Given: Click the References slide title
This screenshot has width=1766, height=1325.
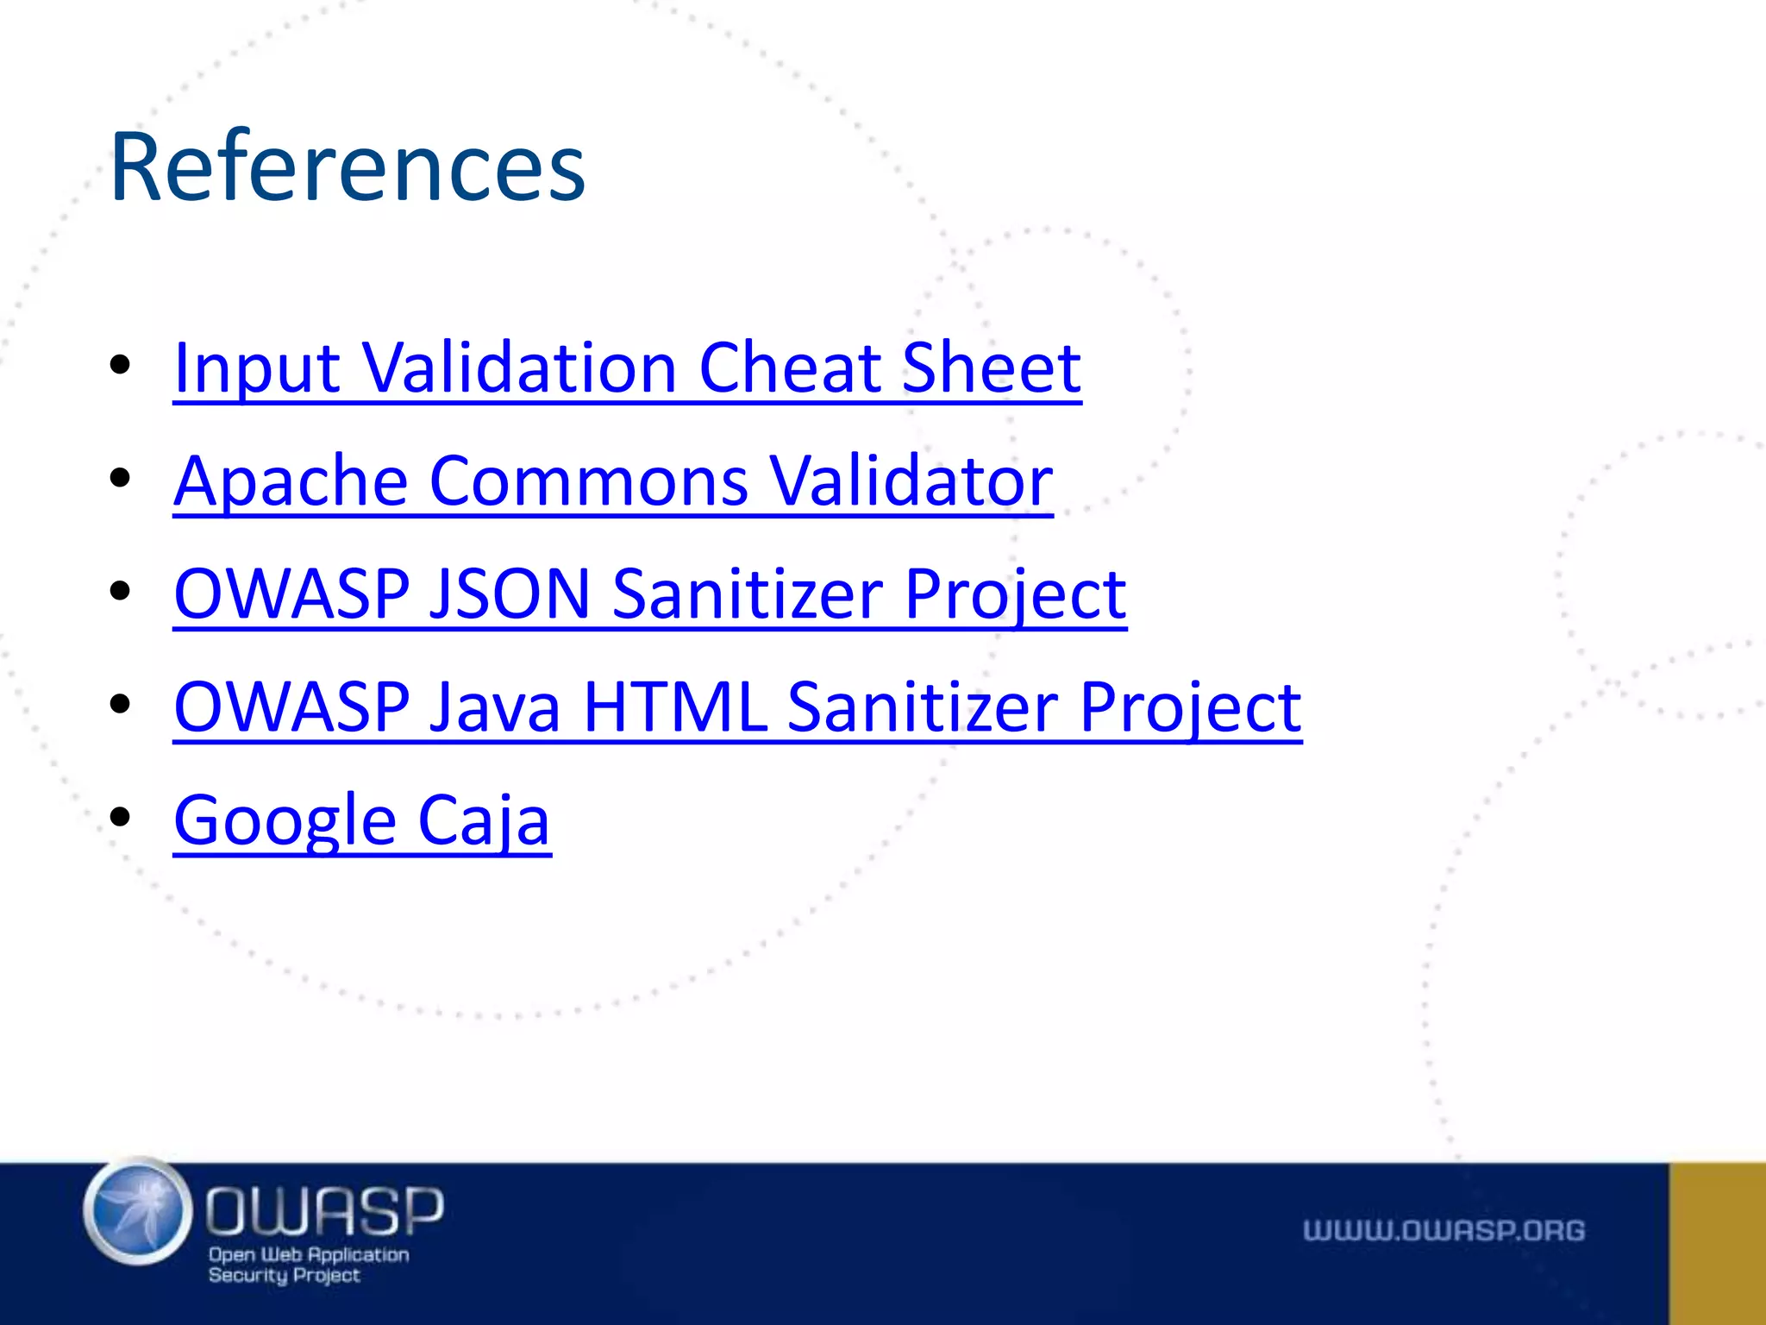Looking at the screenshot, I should pos(348,166).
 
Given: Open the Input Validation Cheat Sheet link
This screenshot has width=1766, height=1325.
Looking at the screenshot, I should pos(627,368).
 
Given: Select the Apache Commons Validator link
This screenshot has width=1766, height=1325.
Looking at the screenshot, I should pos(612,481).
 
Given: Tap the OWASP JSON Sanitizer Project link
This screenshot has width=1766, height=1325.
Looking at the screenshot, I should pos(649,594).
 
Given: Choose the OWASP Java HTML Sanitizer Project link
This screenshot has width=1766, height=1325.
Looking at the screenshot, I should pos(737,707).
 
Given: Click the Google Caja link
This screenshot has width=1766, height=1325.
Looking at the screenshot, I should pos(362,820).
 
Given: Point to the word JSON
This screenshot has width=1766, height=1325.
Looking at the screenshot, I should pos(509,594).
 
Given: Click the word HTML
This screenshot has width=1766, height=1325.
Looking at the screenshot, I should pos(674,707).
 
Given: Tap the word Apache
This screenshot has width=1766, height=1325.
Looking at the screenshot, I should pos(291,481).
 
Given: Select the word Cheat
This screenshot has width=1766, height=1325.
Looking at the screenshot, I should pos(790,368).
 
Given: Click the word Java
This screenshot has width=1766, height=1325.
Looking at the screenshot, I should pos(496,707).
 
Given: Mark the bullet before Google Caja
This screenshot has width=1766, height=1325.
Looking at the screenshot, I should pos(121,816).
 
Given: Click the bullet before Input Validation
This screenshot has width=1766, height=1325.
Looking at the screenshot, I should pos(121,364).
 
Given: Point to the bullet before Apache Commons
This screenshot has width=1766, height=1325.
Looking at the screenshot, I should pos(121,477).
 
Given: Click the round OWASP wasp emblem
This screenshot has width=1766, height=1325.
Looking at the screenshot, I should pos(138,1211).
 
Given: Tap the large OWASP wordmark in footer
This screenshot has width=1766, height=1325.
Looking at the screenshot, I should pos(324,1210).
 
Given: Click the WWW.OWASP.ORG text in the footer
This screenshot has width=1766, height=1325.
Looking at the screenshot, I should pos(1443,1230).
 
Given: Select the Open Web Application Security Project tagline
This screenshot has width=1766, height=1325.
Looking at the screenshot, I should pos(308,1265).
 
